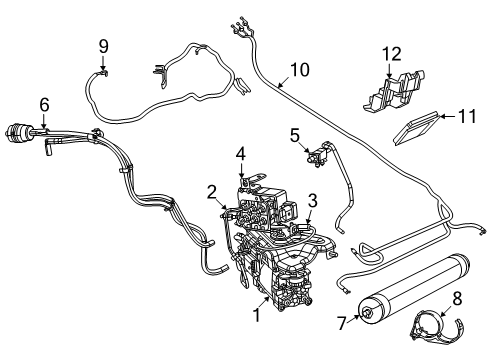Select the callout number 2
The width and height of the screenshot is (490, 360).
(212, 191)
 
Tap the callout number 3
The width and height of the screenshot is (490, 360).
(313, 200)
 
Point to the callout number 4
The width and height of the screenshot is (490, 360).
(240, 153)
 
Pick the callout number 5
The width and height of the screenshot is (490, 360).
(295, 134)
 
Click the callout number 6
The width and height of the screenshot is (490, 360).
(44, 104)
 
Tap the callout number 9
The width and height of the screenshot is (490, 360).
(103, 45)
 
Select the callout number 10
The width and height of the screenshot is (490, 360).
(299, 71)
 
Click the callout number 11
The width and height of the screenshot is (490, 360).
(465, 118)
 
